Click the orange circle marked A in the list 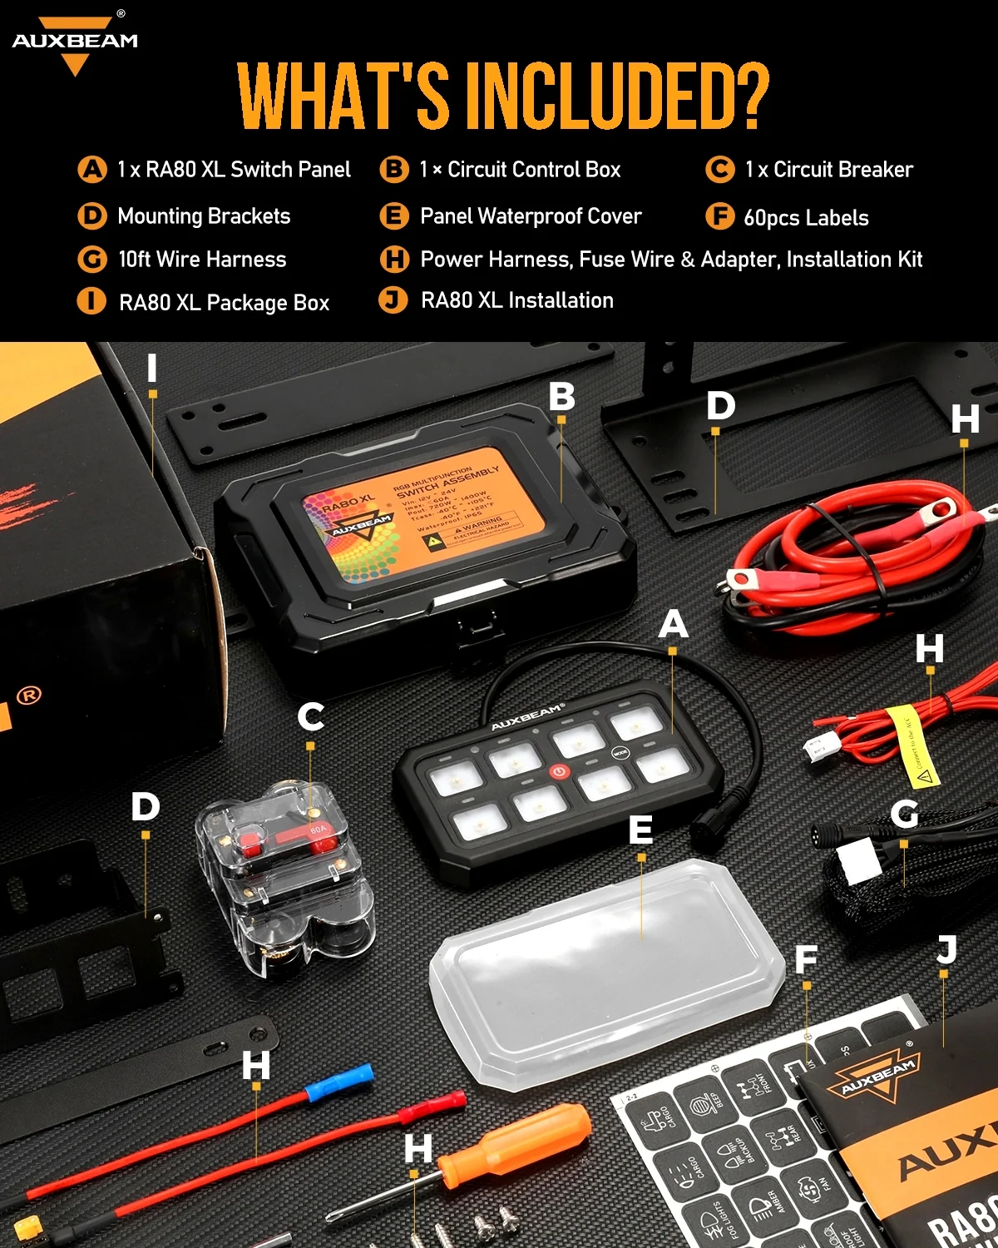pyautogui.click(x=92, y=170)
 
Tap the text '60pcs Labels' pyautogui.click(x=805, y=218)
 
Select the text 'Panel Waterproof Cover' pyautogui.click(x=531, y=216)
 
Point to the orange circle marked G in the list pyautogui.click(x=92, y=260)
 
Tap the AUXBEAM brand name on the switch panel pyautogui.click(x=526, y=716)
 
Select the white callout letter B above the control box pyautogui.click(x=562, y=397)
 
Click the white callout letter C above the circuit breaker pyautogui.click(x=311, y=716)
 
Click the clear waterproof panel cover pyautogui.click(x=607, y=973)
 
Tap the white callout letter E pyautogui.click(x=640, y=829)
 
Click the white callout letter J pyautogui.click(x=946, y=949)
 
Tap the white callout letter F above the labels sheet pyautogui.click(x=806, y=959)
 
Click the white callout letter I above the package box pyautogui.click(x=152, y=368)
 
